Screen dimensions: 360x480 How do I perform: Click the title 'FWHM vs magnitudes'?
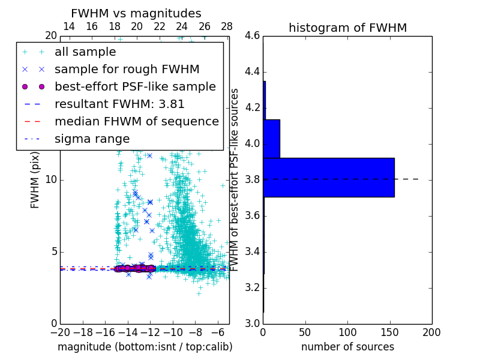coord(136,13)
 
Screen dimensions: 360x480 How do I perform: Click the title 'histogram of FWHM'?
coord(347,28)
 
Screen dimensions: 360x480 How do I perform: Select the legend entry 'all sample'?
coord(85,52)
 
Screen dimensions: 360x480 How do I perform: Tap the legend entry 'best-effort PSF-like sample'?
coord(135,86)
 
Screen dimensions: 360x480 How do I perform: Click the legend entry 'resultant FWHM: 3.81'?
coord(119,104)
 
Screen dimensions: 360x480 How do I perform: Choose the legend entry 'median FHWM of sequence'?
coord(136,121)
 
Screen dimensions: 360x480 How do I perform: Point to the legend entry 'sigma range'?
coord(92,139)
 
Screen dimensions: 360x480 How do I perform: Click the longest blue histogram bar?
coord(329,177)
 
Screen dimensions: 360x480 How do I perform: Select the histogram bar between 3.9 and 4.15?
coord(271,139)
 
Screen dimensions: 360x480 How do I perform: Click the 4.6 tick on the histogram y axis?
coord(252,36)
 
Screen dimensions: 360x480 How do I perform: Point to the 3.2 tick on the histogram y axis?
coord(252,287)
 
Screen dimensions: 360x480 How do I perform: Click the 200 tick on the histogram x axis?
coord(431,332)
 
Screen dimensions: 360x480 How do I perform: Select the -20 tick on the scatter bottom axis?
coord(60,332)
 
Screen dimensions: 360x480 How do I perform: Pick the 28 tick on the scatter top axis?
coord(227,27)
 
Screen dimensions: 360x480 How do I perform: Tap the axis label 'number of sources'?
coord(347,347)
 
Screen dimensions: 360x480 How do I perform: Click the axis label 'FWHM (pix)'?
coord(35,180)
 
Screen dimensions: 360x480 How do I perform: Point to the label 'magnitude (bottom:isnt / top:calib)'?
coord(145,347)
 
